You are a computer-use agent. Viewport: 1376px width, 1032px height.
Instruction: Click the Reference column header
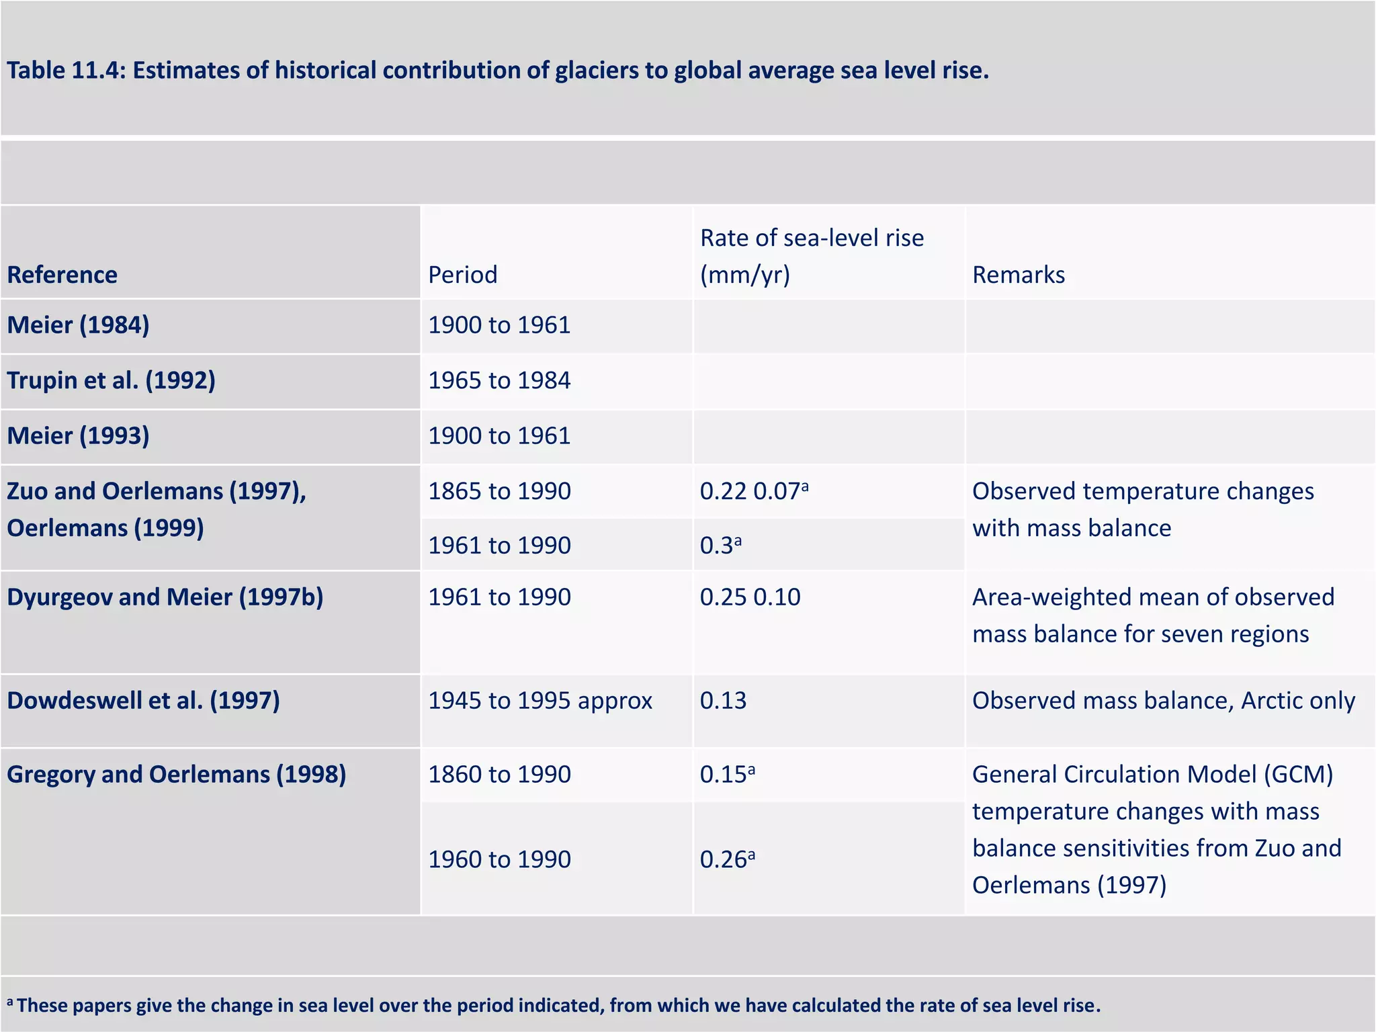pyautogui.click(x=62, y=275)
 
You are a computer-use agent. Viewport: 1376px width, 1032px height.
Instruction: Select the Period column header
pyautogui.click(x=462, y=275)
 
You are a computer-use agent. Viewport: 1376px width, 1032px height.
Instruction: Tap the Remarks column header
pyautogui.click(x=1018, y=275)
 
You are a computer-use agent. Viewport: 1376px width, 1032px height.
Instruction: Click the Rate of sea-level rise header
pyautogui.click(x=811, y=256)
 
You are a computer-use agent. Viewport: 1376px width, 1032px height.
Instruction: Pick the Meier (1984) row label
pyautogui.click(x=78, y=325)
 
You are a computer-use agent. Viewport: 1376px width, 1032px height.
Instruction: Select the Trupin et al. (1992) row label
pyautogui.click(x=111, y=380)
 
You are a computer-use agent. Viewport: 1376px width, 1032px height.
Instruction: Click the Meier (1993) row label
pyautogui.click(x=78, y=436)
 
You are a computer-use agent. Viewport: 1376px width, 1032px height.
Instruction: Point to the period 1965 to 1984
pyautogui.click(x=499, y=380)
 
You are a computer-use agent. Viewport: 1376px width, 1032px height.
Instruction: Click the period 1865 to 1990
pyautogui.click(x=499, y=491)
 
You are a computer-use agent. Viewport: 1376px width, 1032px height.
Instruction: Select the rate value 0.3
pyautogui.click(x=719, y=545)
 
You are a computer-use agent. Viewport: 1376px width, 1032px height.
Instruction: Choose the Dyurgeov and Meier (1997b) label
pyautogui.click(x=165, y=597)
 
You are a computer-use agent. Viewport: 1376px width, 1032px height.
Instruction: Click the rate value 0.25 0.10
pyautogui.click(x=750, y=597)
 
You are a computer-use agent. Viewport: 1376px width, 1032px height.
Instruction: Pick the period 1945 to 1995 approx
pyautogui.click(x=540, y=701)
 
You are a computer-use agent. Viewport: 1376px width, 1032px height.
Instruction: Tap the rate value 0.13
pyautogui.click(x=723, y=701)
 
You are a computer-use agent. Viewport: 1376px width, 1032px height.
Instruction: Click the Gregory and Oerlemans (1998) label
pyautogui.click(x=176, y=774)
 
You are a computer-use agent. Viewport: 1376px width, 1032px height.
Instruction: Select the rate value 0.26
pyautogui.click(x=726, y=859)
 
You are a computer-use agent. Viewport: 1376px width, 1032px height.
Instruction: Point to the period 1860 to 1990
pyautogui.click(x=499, y=774)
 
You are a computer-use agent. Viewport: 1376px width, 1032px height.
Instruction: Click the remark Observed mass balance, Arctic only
pyautogui.click(x=1163, y=701)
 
